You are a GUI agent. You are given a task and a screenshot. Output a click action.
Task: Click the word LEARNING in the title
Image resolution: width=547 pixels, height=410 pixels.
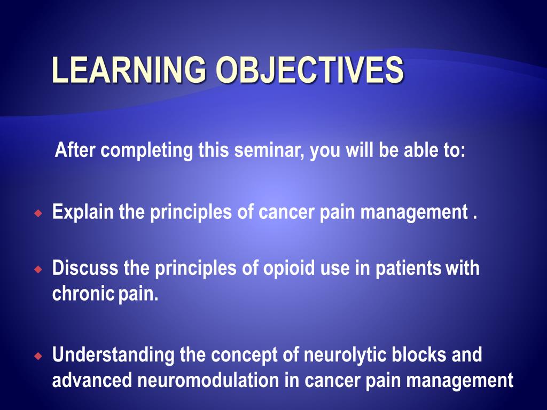click(128, 71)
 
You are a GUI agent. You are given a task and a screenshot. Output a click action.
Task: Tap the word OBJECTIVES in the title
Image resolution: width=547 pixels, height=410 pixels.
click(309, 71)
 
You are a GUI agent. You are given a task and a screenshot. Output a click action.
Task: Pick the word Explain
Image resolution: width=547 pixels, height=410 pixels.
click(83, 213)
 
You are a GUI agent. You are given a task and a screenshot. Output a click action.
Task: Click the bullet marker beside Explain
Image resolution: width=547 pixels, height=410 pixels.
click(37, 214)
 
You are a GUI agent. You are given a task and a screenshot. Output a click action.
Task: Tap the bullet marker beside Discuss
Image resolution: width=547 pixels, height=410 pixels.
click(37, 269)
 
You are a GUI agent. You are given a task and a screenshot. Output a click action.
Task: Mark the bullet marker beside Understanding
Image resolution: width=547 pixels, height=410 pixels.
click(37, 355)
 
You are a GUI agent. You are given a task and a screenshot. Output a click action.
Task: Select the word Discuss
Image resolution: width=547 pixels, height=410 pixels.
click(85, 269)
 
